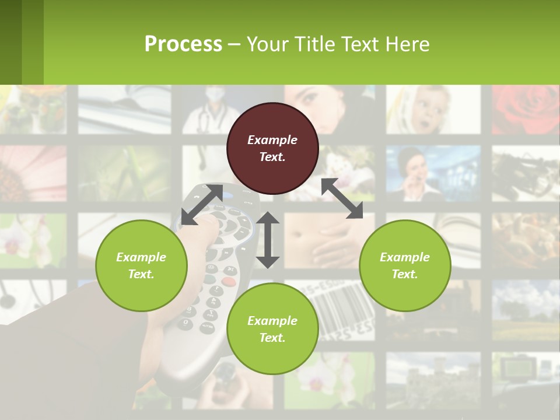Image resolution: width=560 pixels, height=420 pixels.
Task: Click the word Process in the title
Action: [183, 44]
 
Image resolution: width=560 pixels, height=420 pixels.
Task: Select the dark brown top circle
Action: [272, 148]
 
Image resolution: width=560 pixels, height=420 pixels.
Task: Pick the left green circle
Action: [141, 265]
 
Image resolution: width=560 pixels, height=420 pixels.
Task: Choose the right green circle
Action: [405, 265]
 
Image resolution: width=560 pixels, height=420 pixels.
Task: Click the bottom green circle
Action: [272, 328]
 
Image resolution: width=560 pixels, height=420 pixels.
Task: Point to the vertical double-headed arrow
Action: [268, 240]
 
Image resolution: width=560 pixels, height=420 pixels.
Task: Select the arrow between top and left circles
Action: [202, 204]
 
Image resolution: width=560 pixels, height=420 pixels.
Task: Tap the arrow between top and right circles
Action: [342, 198]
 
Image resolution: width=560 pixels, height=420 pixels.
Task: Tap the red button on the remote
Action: [229, 282]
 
